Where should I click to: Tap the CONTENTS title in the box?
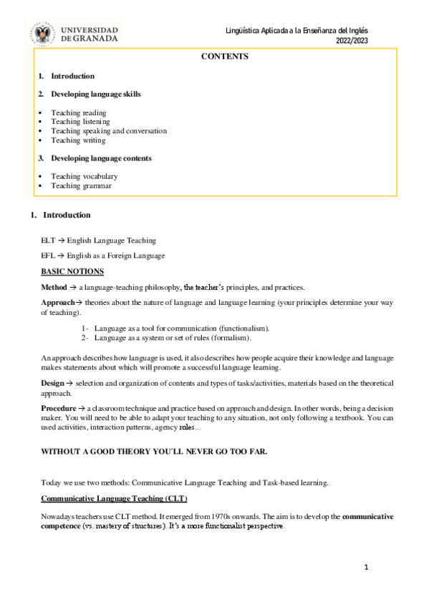tap(225, 57)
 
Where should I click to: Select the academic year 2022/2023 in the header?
tap(355, 42)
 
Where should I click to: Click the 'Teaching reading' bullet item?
tap(78, 113)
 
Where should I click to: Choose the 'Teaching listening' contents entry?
tap(80, 122)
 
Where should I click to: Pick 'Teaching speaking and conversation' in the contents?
tap(108, 131)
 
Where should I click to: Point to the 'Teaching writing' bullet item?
tap(77, 140)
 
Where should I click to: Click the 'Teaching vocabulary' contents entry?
tap(84, 176)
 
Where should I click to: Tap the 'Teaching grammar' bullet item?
tap(81, 185)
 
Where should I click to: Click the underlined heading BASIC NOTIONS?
tap(72, 271)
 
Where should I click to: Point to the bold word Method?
tap(54, 286)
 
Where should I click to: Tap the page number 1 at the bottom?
tap(365, 568)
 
